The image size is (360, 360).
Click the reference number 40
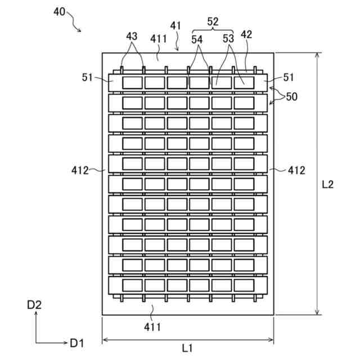[x=63, y=11]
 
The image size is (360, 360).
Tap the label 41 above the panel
[x=176, y=25]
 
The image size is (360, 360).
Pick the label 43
[x=132, y=35]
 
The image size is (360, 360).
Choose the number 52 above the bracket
[x=213, y=21]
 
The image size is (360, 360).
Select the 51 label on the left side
[x=87, y=78]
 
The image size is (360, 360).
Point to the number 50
[x=291, y=97]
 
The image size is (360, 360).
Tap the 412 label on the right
[x=296, y=170]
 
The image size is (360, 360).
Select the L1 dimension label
[x=187, y=348]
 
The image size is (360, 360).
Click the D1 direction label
[x=76, y=342]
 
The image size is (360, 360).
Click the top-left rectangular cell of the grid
[x=132, y=83]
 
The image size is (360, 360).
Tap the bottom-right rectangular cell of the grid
[x=244, y=285]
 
